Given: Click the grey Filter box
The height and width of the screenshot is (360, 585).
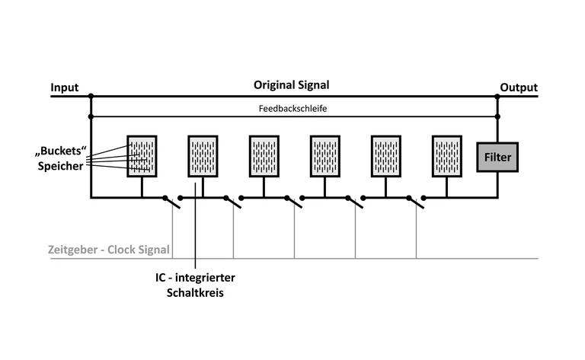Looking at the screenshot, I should pyautogui.click(x=497, y=158).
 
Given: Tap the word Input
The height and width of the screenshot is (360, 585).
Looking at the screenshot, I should pyautogui.click(x=65, y=88).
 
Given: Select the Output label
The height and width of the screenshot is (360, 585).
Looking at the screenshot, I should pyautogui.click(x=518, y=88).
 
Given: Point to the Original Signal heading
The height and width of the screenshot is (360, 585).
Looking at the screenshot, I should pyautogui.click(x=292, y=85).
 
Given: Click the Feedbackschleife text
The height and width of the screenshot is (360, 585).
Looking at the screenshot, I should pyautogui.click(x=293, y=108).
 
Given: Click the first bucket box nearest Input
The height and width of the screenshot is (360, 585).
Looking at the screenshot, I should pyautogui.click(x=142, y=155).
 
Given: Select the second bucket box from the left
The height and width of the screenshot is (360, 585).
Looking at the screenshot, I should pyautogui.click(x=203, y=155).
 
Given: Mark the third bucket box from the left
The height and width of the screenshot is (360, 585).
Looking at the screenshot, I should pyautogui.click(x=264, y=155).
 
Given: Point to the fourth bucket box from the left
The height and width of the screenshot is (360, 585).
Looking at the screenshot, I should pyautogui.click(x=324, y=155).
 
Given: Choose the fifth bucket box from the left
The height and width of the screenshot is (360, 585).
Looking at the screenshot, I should pyautogui.click(x=385, y=155).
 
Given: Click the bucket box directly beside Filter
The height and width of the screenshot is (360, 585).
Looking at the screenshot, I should pyautogui.click(x=446, y=155).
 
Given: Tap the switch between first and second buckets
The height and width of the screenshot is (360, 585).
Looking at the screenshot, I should pyautogui.click(x=172, y=201).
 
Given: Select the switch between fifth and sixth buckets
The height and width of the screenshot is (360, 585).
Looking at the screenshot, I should pyautogui.click(x=416, y=201).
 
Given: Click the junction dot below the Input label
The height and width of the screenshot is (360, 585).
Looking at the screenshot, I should pyautogui.click(x=91, y=97).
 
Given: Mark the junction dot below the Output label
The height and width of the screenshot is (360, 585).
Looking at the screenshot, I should pyautogui.click(x=497, y=97).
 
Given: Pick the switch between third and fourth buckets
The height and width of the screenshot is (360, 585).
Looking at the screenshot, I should pyautogui.click(x=294, y=201).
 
